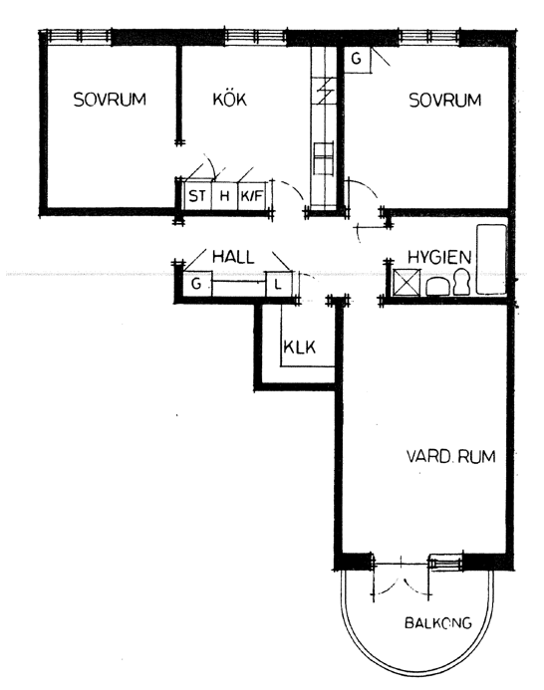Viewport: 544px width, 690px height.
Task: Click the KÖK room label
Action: [x=229, y=100]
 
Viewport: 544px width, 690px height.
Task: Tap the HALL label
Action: [x=233, y=257]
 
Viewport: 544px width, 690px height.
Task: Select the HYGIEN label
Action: [x=439, y=257]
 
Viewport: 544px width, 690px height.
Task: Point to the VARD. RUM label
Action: [x=450, y=456]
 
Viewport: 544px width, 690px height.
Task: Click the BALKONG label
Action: [x=437, y=622]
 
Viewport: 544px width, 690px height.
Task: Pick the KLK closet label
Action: [x=300, y=347]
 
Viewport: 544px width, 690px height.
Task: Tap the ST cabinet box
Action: [x=197, y=195]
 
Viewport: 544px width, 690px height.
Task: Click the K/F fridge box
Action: [x=251, y=195]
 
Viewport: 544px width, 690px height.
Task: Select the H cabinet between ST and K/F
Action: [x=224, y=195]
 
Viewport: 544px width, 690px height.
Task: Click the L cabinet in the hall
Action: [x=278, y=284]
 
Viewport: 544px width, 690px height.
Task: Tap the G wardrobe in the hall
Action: [x=197, y=284]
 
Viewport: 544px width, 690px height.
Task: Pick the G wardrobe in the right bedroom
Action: [x=358, y=59]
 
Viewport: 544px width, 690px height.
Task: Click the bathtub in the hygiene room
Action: [x=491, y=260]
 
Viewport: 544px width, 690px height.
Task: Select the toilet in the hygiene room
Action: [x=461, y=282]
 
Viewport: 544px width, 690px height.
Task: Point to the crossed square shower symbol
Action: [x=407, y=282]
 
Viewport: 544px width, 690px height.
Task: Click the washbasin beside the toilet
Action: [x=437, y=286]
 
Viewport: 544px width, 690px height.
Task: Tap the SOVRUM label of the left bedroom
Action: [x=110, y=100]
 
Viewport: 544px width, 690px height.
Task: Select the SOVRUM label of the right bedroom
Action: [x=445, y=101]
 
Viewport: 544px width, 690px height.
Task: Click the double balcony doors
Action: [x=402, y=577]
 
